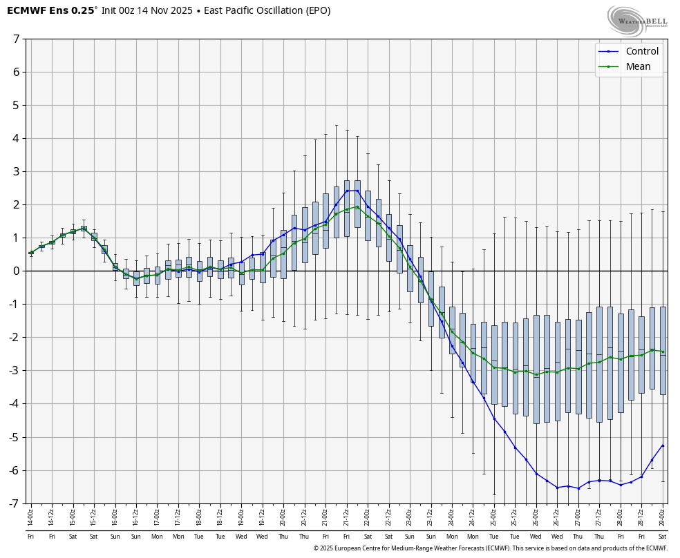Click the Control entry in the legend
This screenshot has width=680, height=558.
[641, 51]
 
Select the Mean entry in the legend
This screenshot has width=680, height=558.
[638, 67]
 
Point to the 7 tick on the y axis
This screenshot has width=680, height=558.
[16, 39]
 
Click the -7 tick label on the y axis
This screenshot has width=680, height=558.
[14, 503]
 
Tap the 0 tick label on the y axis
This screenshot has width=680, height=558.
[16, 271]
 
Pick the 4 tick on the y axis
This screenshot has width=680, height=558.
[16, 138]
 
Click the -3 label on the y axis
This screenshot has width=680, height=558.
[14, 371]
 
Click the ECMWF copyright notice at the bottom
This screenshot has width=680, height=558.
[490, 548]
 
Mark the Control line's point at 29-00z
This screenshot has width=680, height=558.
[663, 445]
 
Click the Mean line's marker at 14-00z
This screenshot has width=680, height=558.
[30, 253]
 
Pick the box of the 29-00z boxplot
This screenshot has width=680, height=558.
[663, 350]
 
